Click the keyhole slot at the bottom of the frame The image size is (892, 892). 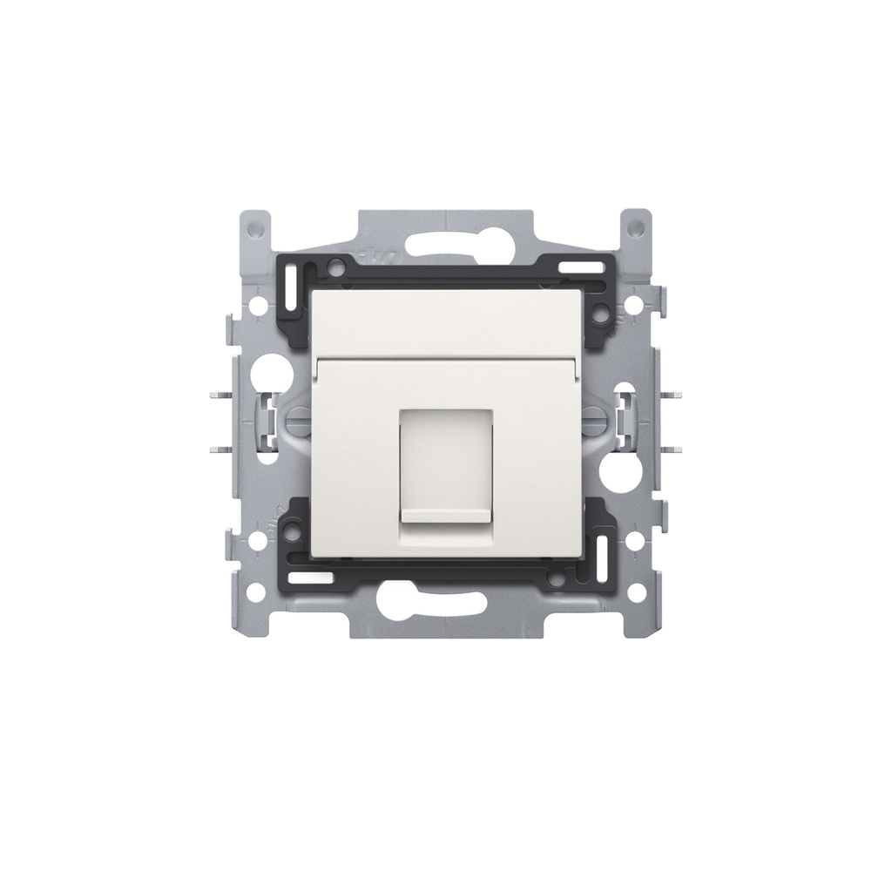point(447,601)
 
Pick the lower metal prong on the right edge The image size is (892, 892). point(672,450)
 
